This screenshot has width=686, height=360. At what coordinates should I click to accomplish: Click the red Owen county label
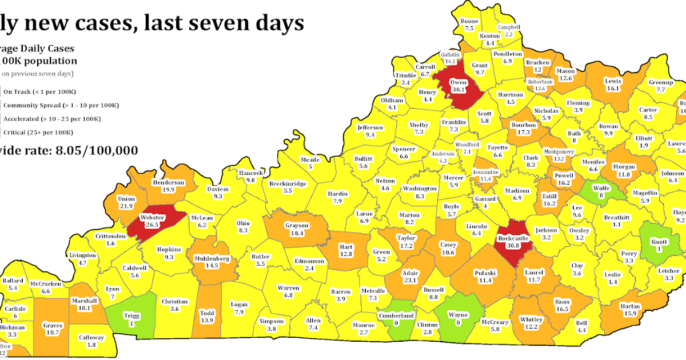pyautogui.click(x=458, y=82)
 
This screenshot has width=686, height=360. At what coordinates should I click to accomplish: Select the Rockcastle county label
pyautogui.click(x=512, y=238)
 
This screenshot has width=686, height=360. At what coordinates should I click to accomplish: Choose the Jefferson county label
pyautogui.click(x=369, y=127)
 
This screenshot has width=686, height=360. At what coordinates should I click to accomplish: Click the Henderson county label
pyautogui.click(x=168, y=183)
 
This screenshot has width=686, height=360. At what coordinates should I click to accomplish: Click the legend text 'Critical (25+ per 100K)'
pyautogui.click(x=38, y=133)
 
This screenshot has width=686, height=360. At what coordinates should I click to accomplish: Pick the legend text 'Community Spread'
pyautogui.click(x=29, y=105)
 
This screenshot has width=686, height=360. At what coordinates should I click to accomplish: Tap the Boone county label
pyautogui.click(x=469, y=21)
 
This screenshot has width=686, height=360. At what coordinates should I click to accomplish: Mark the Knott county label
pyautogui.click(x=659, y=241)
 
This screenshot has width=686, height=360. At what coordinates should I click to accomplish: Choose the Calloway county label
pyautogui.click(x=91, y=338)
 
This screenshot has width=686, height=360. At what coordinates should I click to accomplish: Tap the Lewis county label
pyautogui.click(x=613, y=81)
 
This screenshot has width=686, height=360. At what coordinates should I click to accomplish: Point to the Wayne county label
pyautogui.click(x=458, y=315)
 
